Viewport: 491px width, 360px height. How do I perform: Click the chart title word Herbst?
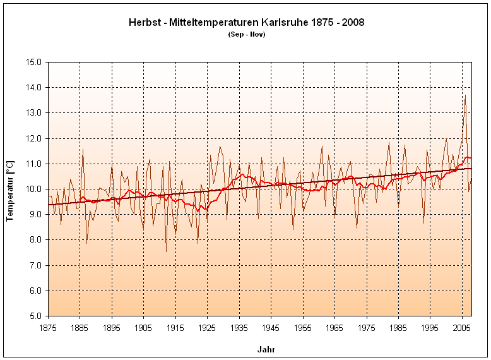tap(144, 22)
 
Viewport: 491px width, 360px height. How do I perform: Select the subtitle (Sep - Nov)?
tap(246, 34)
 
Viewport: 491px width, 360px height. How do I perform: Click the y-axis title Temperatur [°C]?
tap(10, 189)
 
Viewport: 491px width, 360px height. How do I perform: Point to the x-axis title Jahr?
tap(266, 349)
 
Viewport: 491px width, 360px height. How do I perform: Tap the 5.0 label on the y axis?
tap(35, 316)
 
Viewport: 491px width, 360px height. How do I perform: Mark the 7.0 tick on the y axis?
tap(35, 265)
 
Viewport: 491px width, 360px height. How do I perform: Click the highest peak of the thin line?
tap(465, 95)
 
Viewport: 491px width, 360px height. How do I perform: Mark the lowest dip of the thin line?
tap(167, 251)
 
